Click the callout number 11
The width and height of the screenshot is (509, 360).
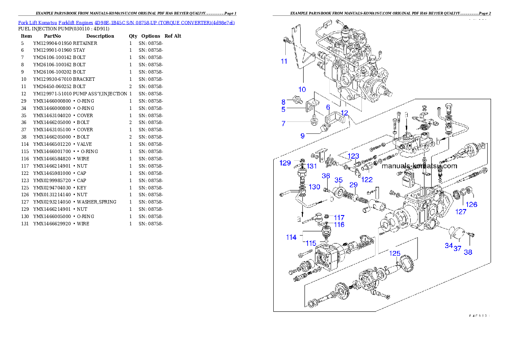pyautogui.click(x=284, y=61)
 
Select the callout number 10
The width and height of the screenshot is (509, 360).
pyautogui.click(x=302, y=89)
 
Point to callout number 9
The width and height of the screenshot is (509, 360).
pyautogui.click(x=302, y=136)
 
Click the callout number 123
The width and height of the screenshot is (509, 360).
pyautogui.click(x=353, y=156)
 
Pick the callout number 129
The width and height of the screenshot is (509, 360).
pyautogui.click(x=285, y=163)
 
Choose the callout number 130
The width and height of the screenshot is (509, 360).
pyautogui.click(x=314, y=187)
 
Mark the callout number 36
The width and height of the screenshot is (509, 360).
pyautogui.click(x=326, y=176)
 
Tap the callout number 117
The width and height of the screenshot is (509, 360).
pyautogui.click(x=339, y=218)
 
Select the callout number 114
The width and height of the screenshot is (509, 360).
pyautogui.click(x=291, y=237)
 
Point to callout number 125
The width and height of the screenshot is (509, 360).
pyautogui.click(x=394, y=254)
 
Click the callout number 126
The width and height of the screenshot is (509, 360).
pyautogui.click(x=471, y=204)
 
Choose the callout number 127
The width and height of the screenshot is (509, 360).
pyautogui.click(x=461, y=211)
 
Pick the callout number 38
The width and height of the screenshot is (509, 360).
pyautogui.click(x=468, y=252)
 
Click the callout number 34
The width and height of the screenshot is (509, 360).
pyautogui.click(x=448, y=245)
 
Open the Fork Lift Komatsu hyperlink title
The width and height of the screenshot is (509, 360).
pyautogui.click(x=126, y=22)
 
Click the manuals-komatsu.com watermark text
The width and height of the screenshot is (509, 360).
pyautogui.click(x=419, y=166)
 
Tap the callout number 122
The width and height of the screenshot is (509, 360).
pyautogui.click(x=367, y=180)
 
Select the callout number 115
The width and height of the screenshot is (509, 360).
pyautogui.click(x=311, y=243)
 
